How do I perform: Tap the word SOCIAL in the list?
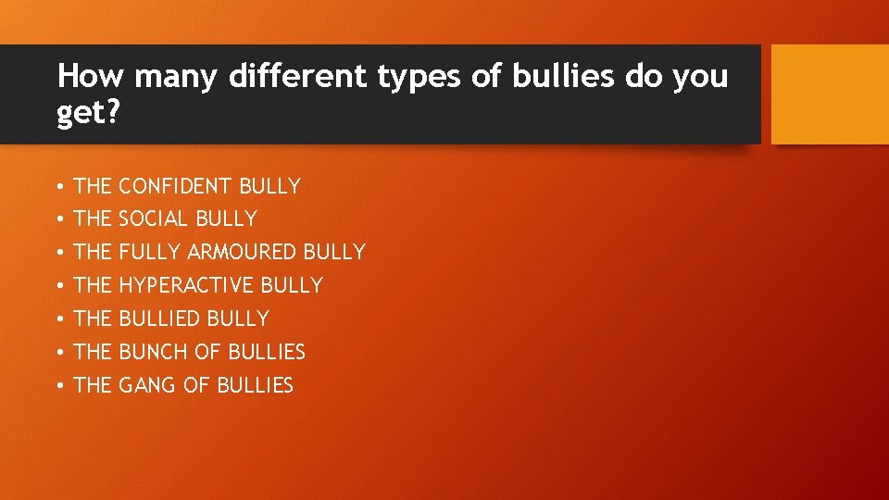154,219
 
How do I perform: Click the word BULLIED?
159,319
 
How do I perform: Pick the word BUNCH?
154,352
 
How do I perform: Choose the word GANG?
148,385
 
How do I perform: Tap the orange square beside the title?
830,94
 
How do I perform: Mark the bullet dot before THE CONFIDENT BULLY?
58,187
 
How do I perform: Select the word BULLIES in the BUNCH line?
267,352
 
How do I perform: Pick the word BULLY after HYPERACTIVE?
292,285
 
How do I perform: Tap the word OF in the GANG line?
197,385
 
